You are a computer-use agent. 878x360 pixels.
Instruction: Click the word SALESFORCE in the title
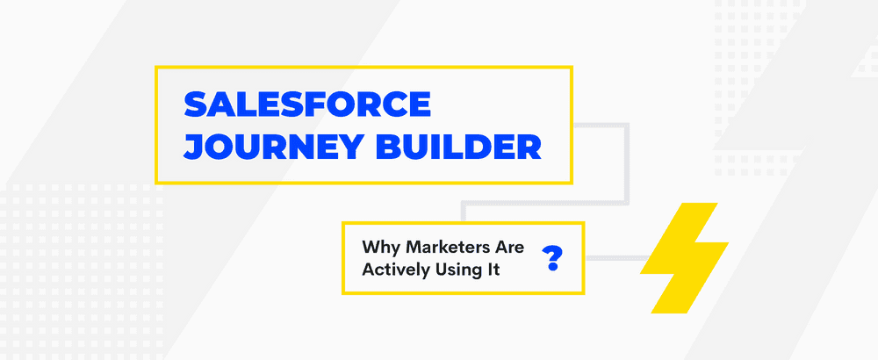tap(307, 105)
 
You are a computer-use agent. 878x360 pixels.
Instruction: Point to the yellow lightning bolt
tap(684, 258)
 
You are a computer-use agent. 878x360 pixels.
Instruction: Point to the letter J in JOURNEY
tap(192, 146)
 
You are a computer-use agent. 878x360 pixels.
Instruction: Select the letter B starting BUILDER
tap(386, 146)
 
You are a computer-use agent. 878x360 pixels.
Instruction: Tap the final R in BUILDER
tap(529, 146)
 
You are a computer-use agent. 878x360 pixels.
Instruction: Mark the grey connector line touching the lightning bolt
tap(615, 258)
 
